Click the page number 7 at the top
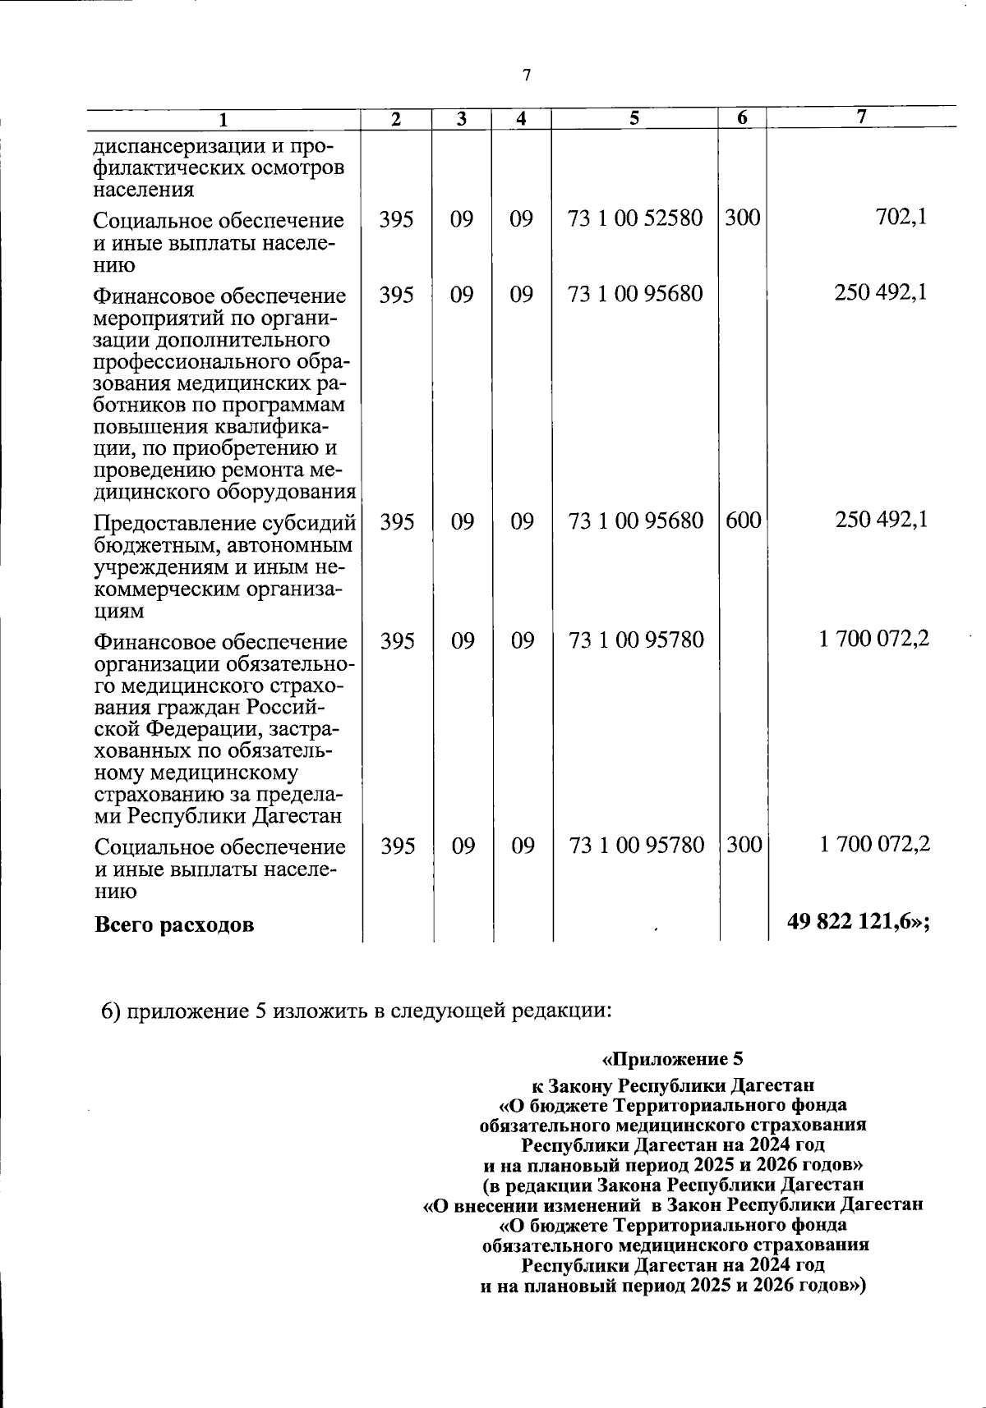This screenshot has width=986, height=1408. pyautogui.click(x=527, y=76)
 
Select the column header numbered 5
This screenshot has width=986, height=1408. pyautogui.click(x=634, y=118)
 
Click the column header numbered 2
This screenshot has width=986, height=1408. pyautogui.click(x=396, y=119)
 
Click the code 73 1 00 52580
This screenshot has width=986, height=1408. pyautogui.click(x=635, y=219)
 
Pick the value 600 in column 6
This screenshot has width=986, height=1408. pyautogui.click(x=743, y=521)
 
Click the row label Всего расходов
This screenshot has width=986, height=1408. pyautogui.click(x=174, y=925)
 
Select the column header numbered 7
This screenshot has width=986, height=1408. pyautogui.click(x=860, y=117)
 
